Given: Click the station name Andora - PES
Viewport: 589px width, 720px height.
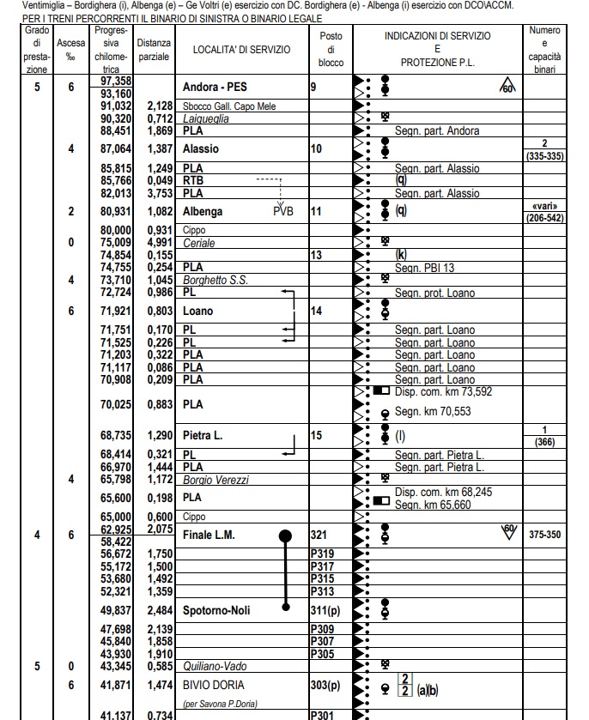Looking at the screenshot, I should click(220, 88).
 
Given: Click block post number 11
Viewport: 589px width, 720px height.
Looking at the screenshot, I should click(316, 211).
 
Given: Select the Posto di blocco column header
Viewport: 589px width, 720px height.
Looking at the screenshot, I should click(331, 50).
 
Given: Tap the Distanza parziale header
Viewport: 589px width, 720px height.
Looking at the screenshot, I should click(159, 50).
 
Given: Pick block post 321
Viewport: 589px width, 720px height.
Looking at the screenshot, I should click(319, 535).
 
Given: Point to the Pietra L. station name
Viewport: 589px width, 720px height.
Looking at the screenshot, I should click(203, 436).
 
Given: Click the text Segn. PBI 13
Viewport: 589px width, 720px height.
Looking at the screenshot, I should click(424, 268).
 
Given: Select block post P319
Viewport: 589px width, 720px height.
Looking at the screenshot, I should click(321, 555).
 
